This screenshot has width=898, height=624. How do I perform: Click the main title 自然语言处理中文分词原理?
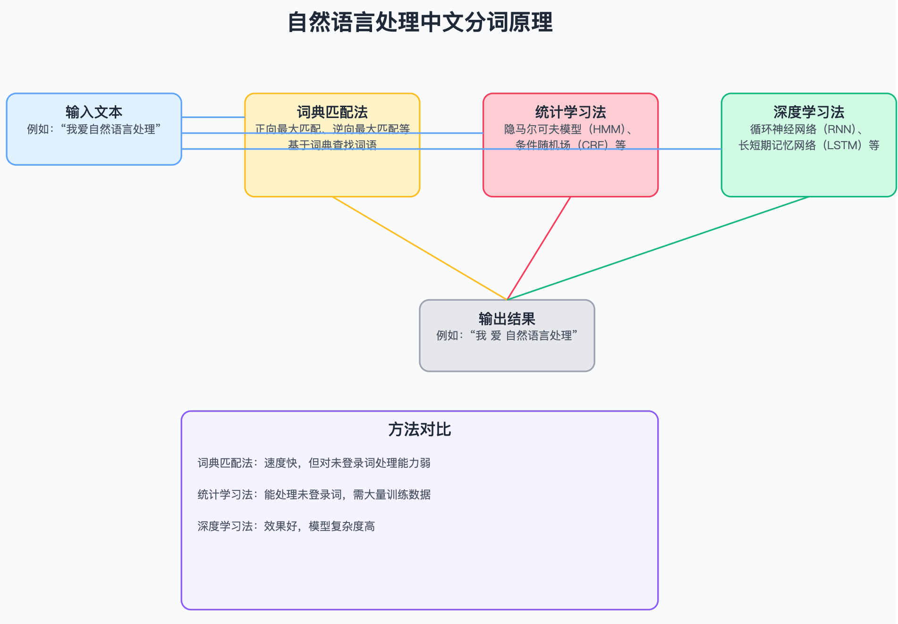(x=420, y=22)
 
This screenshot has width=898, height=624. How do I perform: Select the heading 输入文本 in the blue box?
(x=94, y=112)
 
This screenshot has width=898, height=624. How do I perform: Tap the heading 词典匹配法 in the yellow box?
(x=332, y=112)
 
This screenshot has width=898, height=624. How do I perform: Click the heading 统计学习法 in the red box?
(x=570, y=112)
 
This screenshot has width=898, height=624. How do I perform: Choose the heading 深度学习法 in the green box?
(x=808, y=112)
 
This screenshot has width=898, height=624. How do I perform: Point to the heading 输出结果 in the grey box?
(x=507, y=319)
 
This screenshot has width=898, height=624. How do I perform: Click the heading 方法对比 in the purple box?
(x=419, y=429)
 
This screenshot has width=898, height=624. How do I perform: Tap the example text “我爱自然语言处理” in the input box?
(x=111, y=129)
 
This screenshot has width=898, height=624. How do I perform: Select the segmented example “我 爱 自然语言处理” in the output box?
(x=524, y=336)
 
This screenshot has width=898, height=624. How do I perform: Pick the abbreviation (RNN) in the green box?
(x=843, y=129)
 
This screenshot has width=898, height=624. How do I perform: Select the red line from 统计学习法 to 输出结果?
(x=539, y=248)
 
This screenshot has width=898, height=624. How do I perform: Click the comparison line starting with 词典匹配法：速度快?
(x=314, y=463)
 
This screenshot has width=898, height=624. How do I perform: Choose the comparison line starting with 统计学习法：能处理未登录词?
(x=314, y=495)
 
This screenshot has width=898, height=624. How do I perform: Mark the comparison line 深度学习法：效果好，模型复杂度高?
(x=286, y=526)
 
